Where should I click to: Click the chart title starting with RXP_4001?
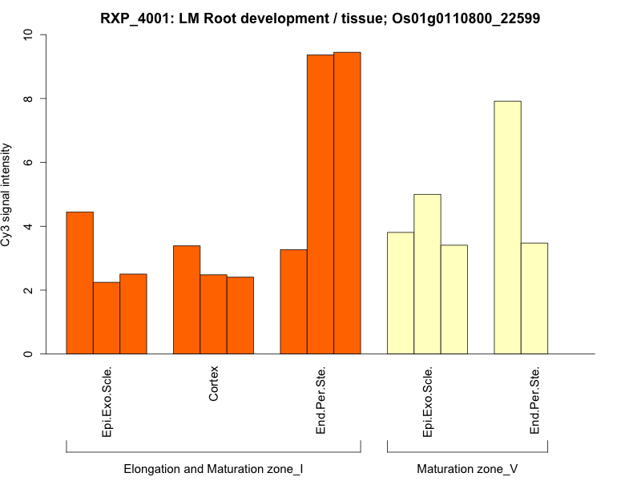[320, 18]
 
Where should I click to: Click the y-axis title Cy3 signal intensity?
[7, 195]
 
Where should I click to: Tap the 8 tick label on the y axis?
[29, 99]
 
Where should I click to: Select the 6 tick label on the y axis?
[29, 163]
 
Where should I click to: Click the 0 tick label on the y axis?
[29, 354]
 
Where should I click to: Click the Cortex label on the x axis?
[214, 386]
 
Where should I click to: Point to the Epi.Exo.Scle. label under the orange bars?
[107, 402]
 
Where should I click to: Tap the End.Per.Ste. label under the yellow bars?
[534, 401]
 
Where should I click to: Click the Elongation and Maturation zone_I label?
[213, 468]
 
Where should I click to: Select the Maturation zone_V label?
[467, 468]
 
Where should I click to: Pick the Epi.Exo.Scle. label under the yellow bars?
[427, 402]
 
